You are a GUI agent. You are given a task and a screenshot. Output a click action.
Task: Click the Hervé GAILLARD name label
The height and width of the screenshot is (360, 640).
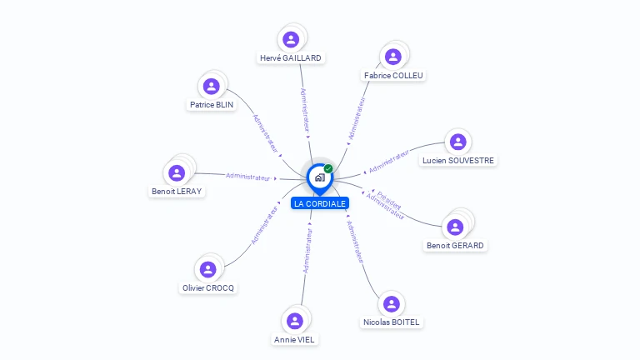(290, 58)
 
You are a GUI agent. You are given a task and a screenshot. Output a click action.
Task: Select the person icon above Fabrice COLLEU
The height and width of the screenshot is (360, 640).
(393, 57)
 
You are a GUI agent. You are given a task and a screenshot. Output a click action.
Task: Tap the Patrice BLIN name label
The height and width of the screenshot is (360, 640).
(212, 105)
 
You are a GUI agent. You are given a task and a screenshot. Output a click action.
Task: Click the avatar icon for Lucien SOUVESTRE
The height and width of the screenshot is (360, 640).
(457, 142)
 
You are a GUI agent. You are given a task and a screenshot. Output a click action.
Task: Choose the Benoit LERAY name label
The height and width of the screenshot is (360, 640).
(177, 191)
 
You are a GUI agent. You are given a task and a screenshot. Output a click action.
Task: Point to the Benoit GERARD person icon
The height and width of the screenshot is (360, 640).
(455, 227)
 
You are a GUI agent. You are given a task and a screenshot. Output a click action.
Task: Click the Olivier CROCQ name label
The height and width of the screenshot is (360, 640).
(208, 287)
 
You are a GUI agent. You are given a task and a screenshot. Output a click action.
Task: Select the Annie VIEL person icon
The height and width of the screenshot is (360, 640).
(295, 321)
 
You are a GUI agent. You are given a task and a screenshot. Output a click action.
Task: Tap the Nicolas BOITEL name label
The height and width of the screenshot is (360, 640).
(392, 322)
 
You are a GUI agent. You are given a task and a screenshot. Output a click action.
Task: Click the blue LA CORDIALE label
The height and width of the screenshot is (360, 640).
(319, 203)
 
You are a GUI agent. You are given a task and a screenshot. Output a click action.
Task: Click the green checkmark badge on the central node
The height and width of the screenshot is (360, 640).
(328, 169)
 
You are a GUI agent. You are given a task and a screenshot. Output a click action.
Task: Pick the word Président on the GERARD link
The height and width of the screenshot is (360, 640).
(389, 200)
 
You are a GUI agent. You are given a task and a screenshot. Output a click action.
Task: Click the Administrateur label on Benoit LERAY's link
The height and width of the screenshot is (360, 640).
(248, 177)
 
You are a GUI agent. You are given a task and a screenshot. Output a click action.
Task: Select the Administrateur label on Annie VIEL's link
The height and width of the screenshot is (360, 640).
(307, 251)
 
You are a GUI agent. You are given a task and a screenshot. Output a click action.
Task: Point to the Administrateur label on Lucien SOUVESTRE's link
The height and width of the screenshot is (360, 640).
(390, 161)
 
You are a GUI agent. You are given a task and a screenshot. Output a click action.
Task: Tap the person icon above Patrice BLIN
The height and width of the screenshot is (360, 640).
(212, 86)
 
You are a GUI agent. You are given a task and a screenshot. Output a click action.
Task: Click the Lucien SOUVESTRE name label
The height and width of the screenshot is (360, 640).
(457, 160)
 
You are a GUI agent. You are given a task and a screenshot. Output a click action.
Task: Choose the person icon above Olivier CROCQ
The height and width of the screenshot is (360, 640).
(208, 269)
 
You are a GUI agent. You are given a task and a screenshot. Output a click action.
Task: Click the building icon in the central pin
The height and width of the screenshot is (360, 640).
(319, 177)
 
